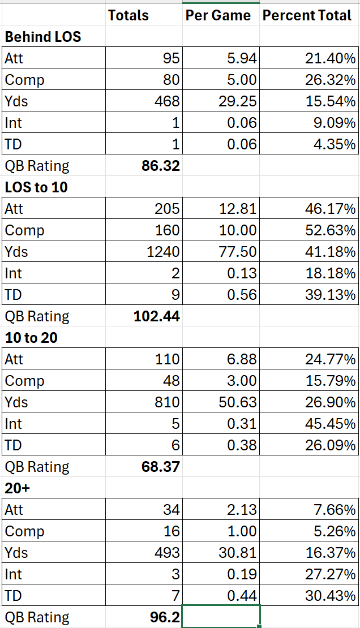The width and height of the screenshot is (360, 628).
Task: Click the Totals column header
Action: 128,15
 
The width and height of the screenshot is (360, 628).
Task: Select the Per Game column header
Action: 218,15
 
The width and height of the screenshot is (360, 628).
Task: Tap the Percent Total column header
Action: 307,15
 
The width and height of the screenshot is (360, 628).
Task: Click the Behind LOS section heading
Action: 43,37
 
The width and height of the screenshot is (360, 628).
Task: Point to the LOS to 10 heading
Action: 36,187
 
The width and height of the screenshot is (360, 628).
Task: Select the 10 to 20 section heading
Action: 31,338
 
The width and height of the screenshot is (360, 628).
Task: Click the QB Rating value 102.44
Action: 157,316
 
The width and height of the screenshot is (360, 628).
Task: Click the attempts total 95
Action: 170,59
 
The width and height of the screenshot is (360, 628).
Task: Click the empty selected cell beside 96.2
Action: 221,617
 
